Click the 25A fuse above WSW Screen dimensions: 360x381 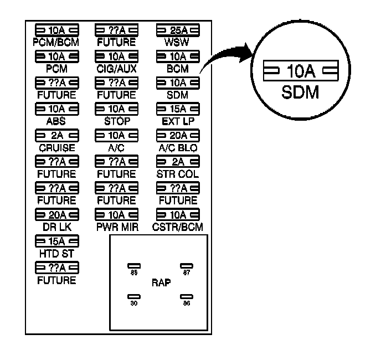pos(177,30)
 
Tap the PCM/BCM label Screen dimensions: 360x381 pos(55,42)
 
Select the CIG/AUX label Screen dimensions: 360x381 pos(116,69)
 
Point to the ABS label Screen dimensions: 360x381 pos(56,121)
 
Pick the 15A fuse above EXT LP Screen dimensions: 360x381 pos(177,109)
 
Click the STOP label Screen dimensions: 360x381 pos(116,121)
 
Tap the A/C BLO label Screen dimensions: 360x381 pos(177,148)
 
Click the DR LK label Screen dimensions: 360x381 pos(56,227)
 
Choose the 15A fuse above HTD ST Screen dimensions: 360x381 pos(56,241)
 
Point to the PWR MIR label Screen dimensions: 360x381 pos(116,227)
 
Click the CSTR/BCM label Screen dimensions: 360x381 pos(177,227)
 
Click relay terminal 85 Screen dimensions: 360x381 pos(134,266)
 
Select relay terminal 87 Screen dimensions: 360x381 pos(186,266)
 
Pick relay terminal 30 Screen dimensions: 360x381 pos(134,297)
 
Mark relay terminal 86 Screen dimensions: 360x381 pos(186,297)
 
